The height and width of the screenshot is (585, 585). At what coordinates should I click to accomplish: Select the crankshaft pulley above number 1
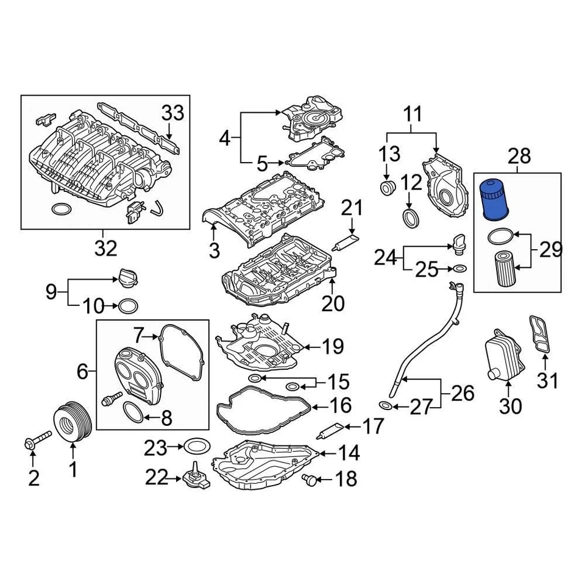pyautogui.click(x=72, y=421)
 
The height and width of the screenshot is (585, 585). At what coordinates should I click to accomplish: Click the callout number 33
pyautogui.click(x=172, y=113)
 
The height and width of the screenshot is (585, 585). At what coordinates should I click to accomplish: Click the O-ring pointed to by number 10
pyautogui.click(x=127, y=305)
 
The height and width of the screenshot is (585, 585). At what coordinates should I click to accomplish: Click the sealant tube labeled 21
pyautogui.click(x=346, y=242)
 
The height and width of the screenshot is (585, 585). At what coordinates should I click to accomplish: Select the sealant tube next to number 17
pyautogui.click(x=328, y=431)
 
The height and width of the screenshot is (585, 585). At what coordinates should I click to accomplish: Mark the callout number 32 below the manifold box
pyautogui.click(x=103, y=249)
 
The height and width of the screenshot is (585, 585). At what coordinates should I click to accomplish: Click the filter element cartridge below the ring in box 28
pyautogui.click(x=504, y=269)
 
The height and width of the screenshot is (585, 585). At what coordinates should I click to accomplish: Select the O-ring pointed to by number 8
pyautogui.click(x=135, y=412)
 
